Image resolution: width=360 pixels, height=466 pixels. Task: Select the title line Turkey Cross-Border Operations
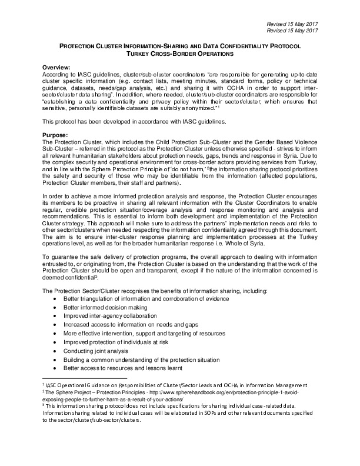click(179, 54)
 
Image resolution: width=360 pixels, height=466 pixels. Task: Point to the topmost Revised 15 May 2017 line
click(292, 22)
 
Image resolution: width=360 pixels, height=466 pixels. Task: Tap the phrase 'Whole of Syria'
click(283, 258)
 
